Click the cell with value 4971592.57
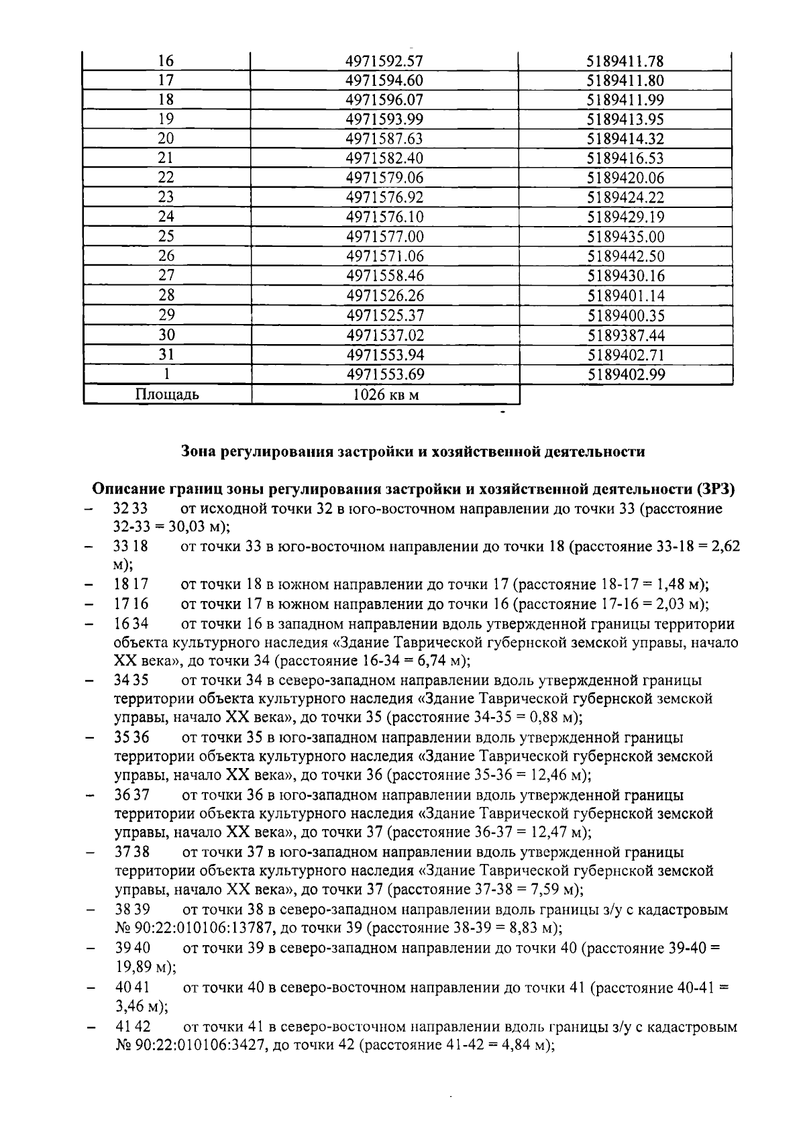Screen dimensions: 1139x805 click(384, 61)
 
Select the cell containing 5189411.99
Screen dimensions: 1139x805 click(625, 100)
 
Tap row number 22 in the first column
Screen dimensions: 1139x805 click(166, 178)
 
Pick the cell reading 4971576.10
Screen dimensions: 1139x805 click(385, 217)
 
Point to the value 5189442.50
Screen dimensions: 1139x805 click(626, 256)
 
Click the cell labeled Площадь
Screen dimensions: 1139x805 click(167, 394)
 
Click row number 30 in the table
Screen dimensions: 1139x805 click(166, 335)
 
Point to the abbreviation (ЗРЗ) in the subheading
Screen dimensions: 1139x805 click(716, 489)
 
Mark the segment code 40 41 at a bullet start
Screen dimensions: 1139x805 click(131, 987)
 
